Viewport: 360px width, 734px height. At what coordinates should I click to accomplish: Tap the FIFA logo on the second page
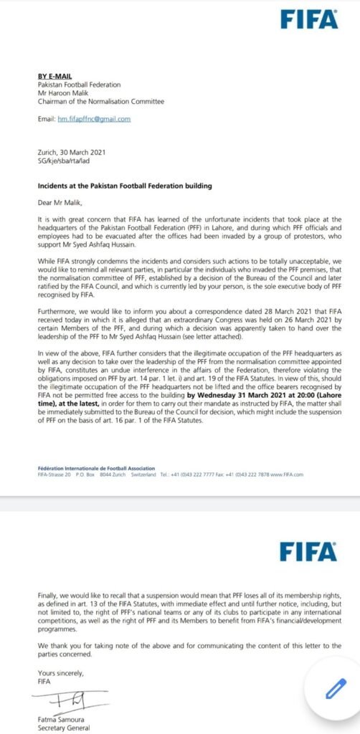pos(308,550)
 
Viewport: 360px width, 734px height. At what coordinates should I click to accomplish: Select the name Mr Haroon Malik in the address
pos(60,92)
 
